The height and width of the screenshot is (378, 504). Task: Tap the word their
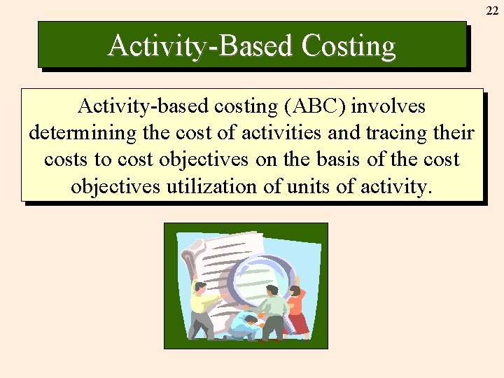[x=458, y=133]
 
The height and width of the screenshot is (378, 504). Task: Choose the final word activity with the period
[x=396, y=186]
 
